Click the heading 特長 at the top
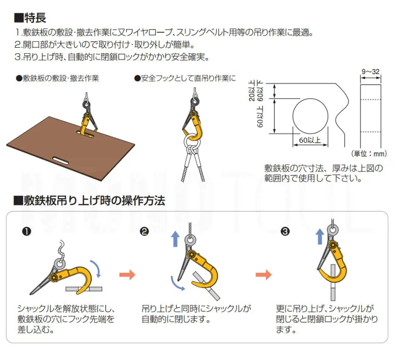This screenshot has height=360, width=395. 30,18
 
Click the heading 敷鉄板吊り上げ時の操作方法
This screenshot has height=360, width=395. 89,201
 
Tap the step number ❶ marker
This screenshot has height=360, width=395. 26,231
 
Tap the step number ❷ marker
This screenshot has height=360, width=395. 144,231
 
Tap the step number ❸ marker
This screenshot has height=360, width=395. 285,231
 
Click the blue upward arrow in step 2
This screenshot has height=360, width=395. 176,239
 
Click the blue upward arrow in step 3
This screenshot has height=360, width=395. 320,237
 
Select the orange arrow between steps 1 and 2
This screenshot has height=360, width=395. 127,274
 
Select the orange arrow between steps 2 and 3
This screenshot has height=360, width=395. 263,274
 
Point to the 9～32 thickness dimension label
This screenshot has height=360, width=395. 370,72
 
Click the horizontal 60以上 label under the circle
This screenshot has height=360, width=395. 310,140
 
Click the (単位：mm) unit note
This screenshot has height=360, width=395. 369,154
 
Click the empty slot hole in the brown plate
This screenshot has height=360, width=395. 62,160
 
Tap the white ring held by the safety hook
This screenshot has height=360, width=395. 185,140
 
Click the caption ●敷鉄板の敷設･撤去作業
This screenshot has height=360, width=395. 57,78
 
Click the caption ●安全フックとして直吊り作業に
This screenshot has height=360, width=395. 185,78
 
